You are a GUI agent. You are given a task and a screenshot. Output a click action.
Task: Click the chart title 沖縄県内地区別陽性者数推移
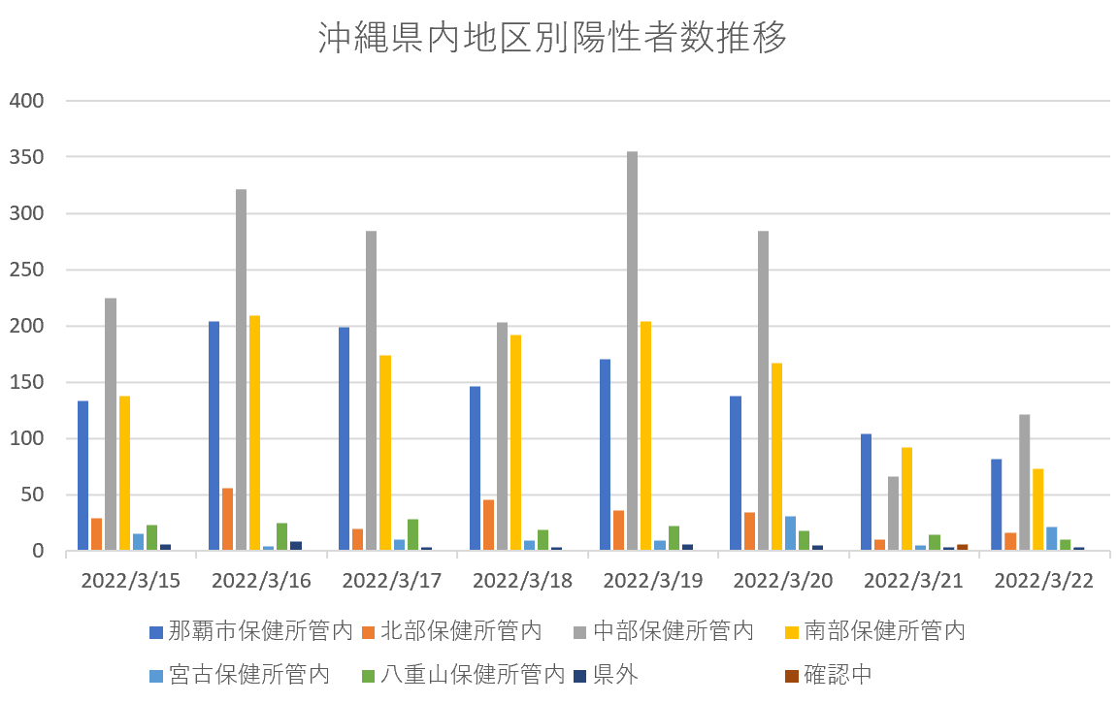(x=552, y=38)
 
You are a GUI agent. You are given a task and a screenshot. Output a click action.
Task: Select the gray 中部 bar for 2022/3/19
(x=632, y=351)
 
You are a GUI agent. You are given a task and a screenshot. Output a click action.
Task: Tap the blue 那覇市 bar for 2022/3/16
(x=214, y=436)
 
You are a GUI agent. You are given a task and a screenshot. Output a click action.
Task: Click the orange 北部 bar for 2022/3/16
(x=227, y=520)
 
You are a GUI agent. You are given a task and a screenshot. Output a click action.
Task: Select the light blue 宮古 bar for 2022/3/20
(x=789, y=533)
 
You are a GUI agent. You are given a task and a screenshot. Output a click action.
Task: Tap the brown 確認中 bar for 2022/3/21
(x=962, y=548)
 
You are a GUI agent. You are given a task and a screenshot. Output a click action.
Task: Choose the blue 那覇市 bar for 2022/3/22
(x=996, y=505)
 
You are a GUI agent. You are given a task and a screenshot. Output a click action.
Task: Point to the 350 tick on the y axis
(x=26, y=157)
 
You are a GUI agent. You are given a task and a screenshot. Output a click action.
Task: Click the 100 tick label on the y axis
(x=26, y=438)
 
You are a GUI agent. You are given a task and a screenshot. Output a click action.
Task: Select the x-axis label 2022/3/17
(x=391, y=581)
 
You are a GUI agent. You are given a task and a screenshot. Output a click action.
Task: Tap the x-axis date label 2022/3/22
(x=1044, y=581)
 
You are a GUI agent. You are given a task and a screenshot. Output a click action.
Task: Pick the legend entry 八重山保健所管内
(x=462, y=674)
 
